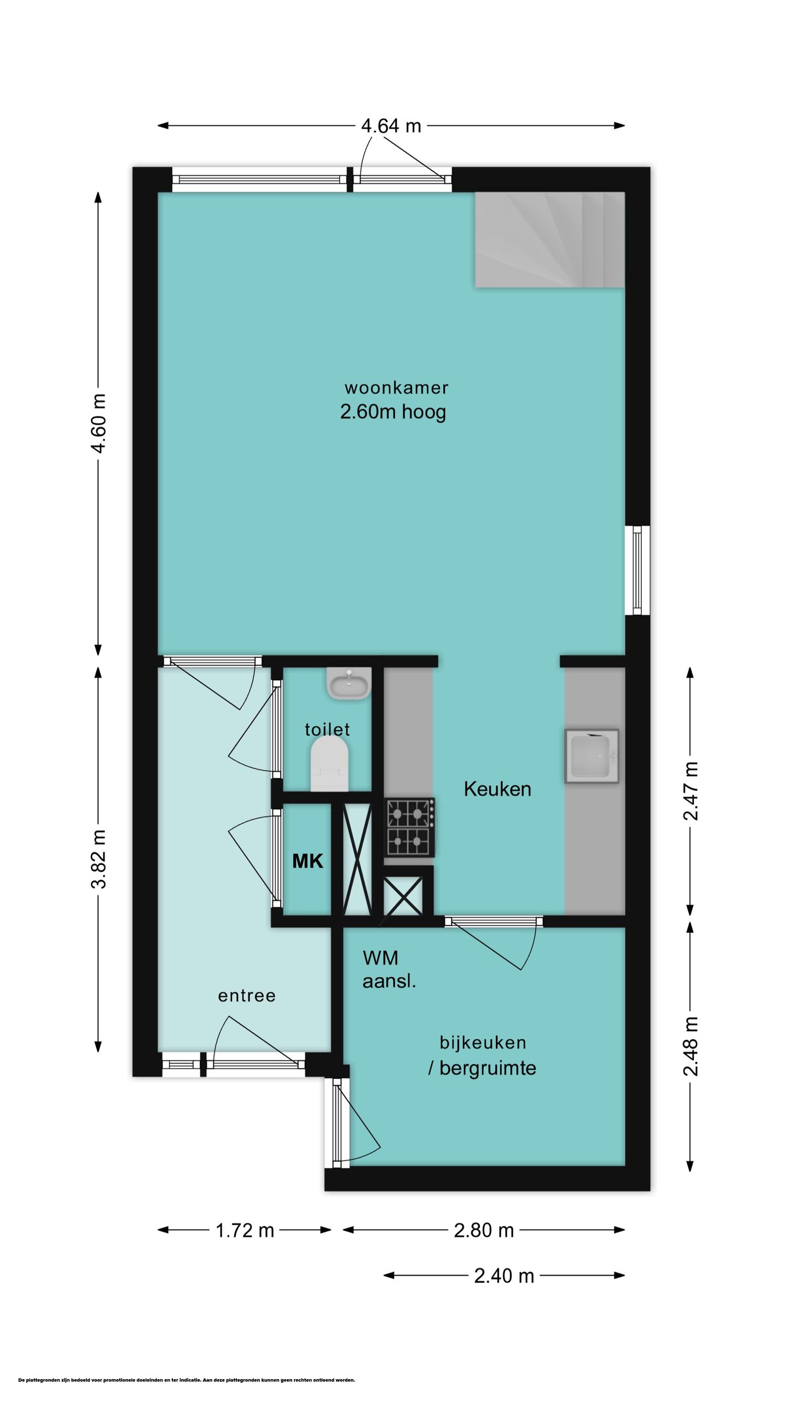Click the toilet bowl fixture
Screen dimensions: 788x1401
(329, 763)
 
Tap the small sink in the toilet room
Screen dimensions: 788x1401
(349, 683)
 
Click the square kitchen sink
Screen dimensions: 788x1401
(592, 756)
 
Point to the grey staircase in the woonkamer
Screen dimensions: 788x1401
(549, 240)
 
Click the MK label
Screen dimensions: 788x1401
(308, 861)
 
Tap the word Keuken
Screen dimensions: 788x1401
(497, 789)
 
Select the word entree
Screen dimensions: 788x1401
(247, 995)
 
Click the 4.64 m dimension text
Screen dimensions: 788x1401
(391, 126)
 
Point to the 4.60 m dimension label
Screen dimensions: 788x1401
(99, 423)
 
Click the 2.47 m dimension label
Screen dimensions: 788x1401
(691, 791)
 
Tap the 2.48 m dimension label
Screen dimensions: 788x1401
(691, 1046)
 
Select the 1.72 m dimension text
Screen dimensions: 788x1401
(245, 1230)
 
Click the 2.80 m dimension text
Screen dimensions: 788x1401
(484, 1230)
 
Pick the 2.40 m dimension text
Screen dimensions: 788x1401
(504, 1276)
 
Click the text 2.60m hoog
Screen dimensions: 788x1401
(393, 412)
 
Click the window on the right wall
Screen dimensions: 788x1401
(638, 570)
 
